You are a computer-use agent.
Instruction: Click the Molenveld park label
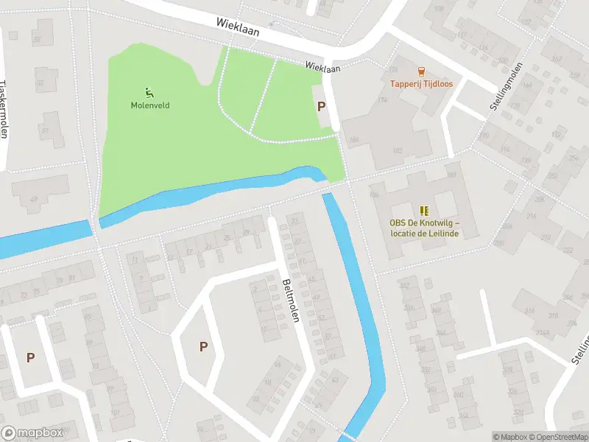(x=150, y=105)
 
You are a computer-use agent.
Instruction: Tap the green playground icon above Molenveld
(x=150, y=93)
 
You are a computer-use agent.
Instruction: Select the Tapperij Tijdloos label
(x=420, y=84)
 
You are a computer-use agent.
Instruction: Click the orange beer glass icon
(x=420, y=71)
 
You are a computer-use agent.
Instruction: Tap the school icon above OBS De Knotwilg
(x=423, y=211)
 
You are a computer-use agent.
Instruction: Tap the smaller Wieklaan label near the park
(x=322, y=67)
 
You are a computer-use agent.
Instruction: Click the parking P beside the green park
(x=321, y=106)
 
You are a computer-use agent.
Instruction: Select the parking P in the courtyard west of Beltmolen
(x=203, y=346)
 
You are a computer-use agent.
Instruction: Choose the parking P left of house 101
(x=30, y=357)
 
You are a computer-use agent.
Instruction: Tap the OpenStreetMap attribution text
(x=558, y=437)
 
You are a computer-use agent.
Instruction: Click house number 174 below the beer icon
(x=403, y=100)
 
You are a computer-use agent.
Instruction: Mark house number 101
(x=114, y=412)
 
